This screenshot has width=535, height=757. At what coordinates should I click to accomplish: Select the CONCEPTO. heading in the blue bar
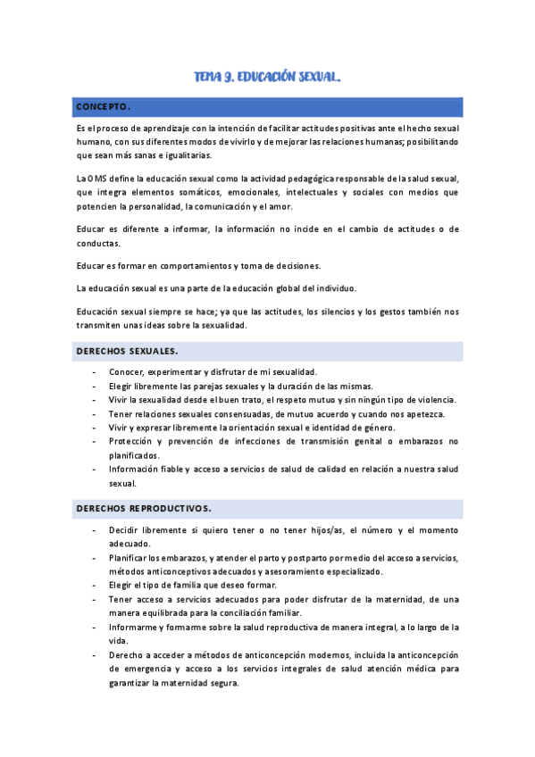coord(104,108)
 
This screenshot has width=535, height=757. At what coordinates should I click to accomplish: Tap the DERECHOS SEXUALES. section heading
coord(126,351)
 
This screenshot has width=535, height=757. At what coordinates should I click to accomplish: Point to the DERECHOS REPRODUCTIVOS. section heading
coord(143,509)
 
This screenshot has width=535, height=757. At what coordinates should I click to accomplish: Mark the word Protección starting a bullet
coord(136,441)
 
